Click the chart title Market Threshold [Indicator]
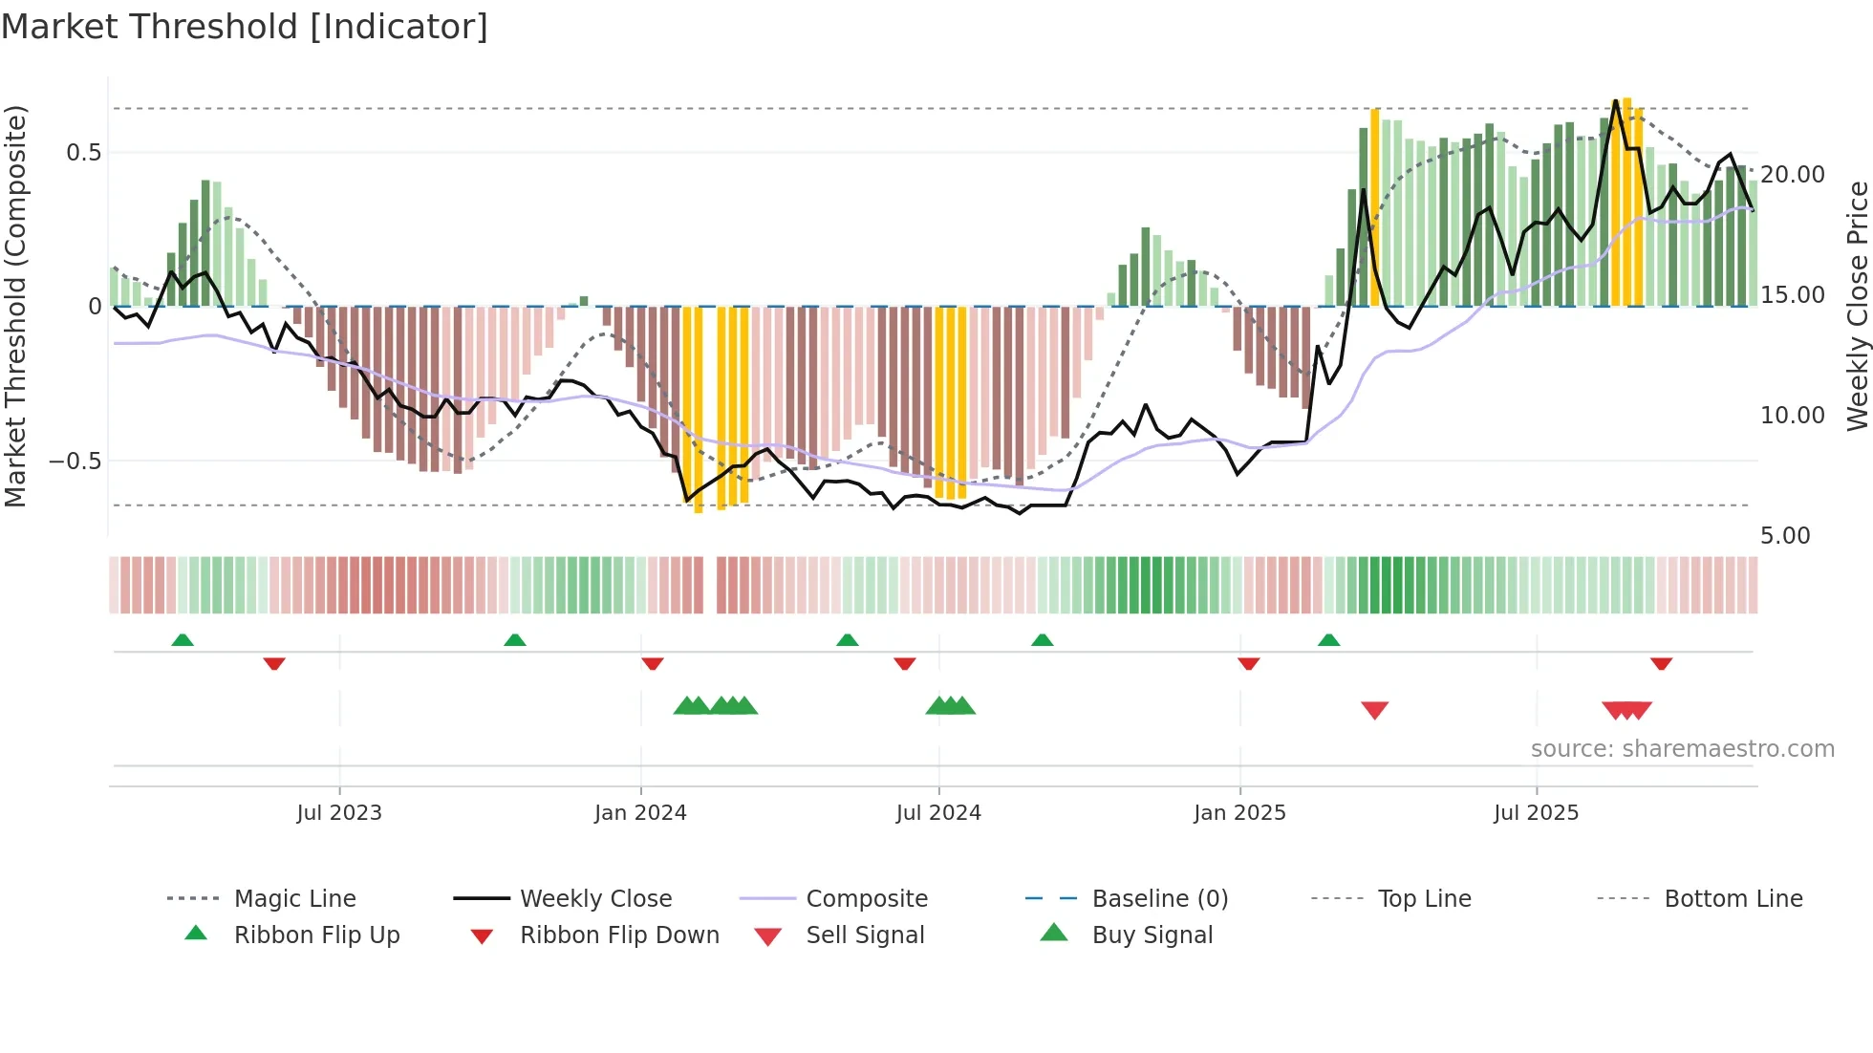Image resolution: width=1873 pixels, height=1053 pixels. point(245,27)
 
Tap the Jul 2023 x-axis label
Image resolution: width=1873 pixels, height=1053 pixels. point(339,813)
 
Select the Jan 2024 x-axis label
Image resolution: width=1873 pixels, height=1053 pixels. point(640,813)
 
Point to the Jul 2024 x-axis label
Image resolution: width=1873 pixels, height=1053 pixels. point(938,813)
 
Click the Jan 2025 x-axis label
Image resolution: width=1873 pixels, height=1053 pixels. point(1239,813)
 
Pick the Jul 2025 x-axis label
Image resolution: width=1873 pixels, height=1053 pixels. point(1536,813)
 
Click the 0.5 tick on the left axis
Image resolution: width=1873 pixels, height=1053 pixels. point(83,153)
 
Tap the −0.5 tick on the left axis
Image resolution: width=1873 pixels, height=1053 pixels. point(75,462)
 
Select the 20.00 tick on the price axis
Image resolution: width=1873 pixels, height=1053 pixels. point(1793,175)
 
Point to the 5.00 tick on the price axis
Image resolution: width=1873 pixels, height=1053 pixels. point(1785,536)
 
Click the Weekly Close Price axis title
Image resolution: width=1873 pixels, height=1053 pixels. point(1857,306)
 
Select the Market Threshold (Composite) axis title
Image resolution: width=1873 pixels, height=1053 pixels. point(15,306)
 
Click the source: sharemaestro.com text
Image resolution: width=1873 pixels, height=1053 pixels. point(1682,749)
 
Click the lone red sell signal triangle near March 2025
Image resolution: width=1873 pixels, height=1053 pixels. point(1374,710)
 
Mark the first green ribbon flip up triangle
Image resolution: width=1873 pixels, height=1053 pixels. point(183,640)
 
